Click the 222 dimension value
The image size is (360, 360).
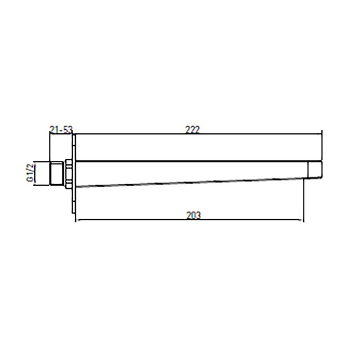193,130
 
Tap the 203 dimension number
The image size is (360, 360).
193,215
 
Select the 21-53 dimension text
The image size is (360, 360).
61,130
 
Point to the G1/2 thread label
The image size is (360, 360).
30,173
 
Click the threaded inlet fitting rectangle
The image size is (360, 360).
57,173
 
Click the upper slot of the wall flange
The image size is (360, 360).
74,140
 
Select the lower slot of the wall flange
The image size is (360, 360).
74,208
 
